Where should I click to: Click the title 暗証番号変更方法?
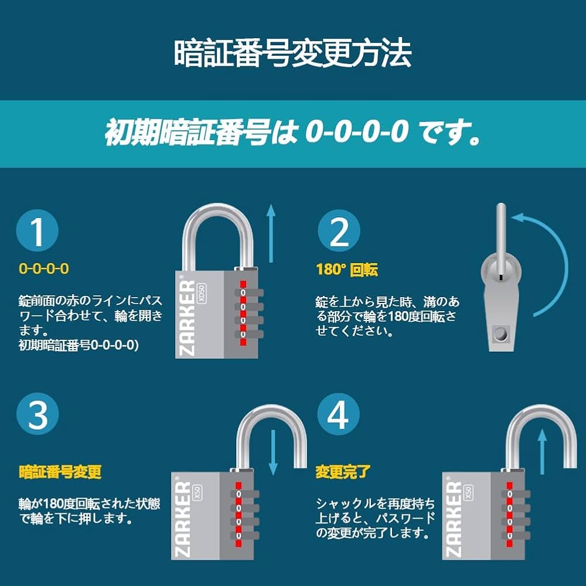(x=292, y=54)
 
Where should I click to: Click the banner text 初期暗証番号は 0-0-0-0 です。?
(x=292, y=134)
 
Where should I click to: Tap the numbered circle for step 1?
(x=38, y=232)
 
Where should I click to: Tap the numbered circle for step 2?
(x=339, y=232)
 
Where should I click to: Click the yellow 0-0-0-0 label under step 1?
(x=44, y=269)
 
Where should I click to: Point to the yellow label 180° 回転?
(x=347, y=270)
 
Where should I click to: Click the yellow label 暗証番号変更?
(x=60, y=472)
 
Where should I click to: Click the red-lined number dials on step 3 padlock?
(x=239, y=512)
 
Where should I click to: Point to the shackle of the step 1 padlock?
(x=217, y=223)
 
